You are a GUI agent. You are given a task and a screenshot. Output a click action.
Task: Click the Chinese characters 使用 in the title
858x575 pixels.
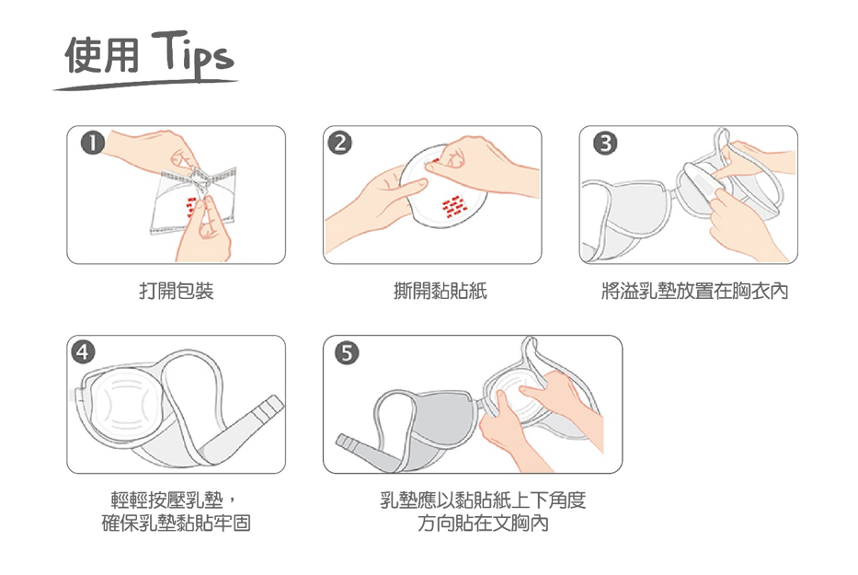point(102,57)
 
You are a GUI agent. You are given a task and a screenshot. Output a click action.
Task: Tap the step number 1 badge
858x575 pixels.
point(89,143)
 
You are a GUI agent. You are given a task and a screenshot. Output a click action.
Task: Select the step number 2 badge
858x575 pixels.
point(340,143)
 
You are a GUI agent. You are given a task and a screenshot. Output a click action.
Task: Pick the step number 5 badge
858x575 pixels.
point(345,352)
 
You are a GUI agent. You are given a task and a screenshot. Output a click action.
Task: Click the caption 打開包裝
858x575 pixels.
point(176,292)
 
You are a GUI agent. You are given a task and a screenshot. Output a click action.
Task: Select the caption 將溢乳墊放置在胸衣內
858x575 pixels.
point(694,292)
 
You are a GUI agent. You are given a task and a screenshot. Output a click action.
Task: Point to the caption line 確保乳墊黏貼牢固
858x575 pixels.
point(176,524)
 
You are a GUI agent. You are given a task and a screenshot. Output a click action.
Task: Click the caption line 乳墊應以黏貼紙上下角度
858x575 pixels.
point(483,500)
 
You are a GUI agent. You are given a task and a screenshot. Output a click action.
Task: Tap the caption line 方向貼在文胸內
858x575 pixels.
point(483,524)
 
